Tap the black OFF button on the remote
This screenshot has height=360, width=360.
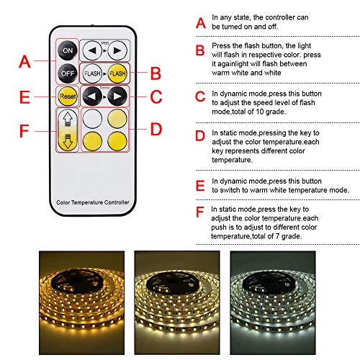(x=68, y=73)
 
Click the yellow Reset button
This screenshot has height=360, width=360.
(x=68, y=96)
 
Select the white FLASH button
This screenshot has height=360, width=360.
(x=92, y=73)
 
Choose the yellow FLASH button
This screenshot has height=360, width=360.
(x=117, y=73)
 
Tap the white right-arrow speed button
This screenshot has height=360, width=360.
(x=117, y=50)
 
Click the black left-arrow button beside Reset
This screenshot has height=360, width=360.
(x=92, y=96)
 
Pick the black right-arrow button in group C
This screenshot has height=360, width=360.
(x=117, y=96)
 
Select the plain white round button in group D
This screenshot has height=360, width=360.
(x=92, y=119)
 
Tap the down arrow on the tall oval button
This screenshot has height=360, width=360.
(x=68, y=141)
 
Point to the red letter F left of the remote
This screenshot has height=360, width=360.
(x=24, y=131)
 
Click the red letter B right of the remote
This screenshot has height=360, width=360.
(x=156, y=73)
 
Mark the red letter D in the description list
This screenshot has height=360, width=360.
(x=200, y=135)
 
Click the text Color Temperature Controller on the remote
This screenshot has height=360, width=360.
(x=93, y=202)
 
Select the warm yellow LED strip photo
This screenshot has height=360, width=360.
(x=81, y=302)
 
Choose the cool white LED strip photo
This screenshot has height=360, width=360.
(x=273, y=302)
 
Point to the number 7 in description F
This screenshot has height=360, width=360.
(x=277, y=236)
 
